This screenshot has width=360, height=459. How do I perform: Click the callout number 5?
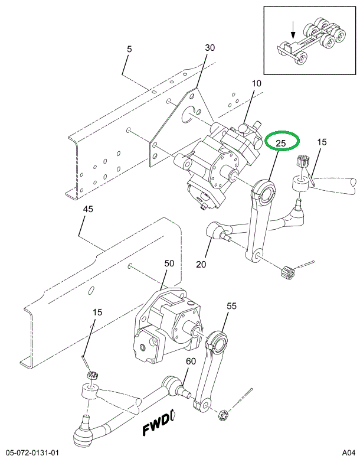point(130,49)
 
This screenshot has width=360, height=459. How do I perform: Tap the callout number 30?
point(210,48)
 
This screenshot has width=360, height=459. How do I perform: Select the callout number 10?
point(256,83)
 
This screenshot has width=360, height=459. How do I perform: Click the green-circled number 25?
point(281,143)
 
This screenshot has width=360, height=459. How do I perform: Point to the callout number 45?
point(88,209)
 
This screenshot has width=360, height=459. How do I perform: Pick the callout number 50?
point(169,263)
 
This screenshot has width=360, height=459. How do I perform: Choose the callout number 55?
point(231,306)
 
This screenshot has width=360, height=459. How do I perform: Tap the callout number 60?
point(191,361)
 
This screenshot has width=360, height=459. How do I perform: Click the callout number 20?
point(201,264)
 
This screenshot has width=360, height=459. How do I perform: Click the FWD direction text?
point(156,425)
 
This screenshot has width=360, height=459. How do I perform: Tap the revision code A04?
point(349,453)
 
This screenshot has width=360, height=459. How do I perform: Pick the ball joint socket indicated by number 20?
point(214,230)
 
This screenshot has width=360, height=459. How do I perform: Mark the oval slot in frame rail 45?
point(91,290)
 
